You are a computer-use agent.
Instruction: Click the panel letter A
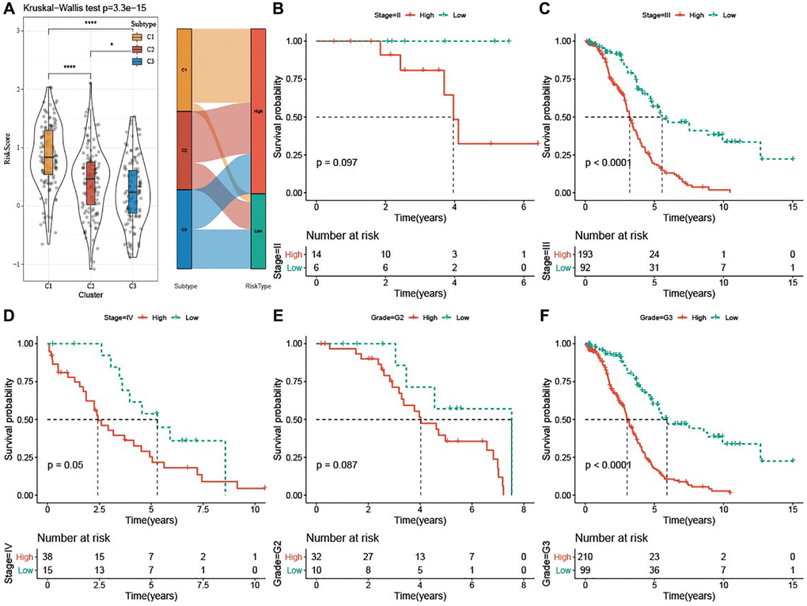[8, 10]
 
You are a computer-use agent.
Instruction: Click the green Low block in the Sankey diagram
[258, 231]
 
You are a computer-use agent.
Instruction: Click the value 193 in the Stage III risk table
[585, 255]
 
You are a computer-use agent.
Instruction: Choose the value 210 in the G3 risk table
[585, 558]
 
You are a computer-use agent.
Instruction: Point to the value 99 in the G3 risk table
[585, 570]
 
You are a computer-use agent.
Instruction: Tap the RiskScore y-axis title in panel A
[9, 147]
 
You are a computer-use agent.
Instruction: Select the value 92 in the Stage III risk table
[585, 267]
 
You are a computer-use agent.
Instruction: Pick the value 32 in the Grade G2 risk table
[316, 558]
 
